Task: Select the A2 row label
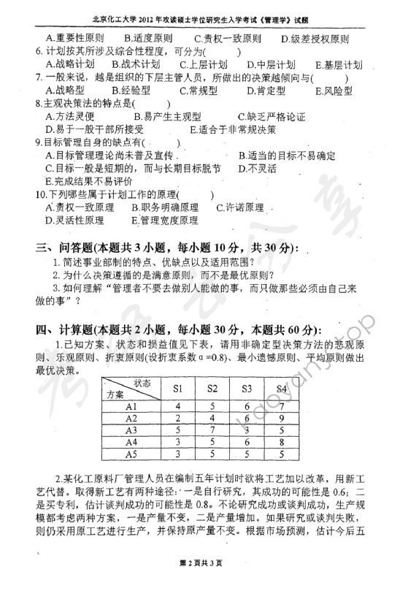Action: tap(132, 419)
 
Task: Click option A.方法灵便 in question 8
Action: tap(74, 116)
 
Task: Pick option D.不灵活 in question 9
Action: tap(259, 168)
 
